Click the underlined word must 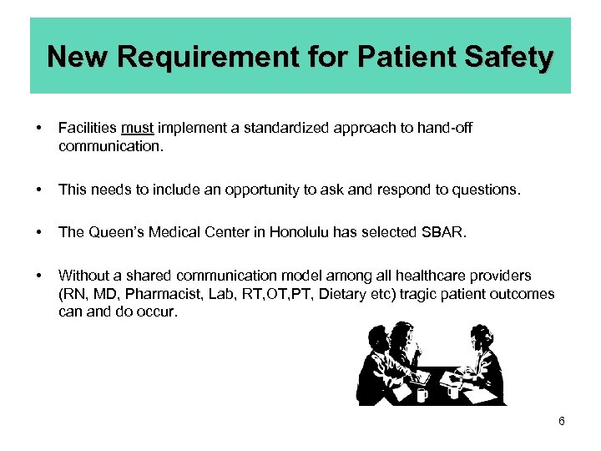pyautogui.click(x=137, y=129)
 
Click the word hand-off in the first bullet pyautogui.click(x=447, y=129)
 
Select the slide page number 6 pyautogui.click(x=562, y=421)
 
